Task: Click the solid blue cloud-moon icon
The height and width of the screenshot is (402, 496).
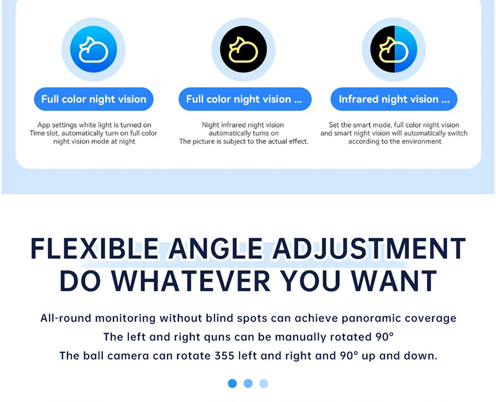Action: [94, 50]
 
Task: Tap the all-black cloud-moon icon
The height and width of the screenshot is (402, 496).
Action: [244, 50]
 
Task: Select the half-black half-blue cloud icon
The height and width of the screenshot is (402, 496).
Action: [394, 50]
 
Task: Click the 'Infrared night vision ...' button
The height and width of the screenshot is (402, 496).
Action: [394, 99]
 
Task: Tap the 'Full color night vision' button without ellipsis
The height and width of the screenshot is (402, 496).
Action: [94, 99]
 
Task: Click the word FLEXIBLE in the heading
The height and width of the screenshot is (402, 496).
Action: [95, 249]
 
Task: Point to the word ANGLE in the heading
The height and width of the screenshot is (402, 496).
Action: [215, 249]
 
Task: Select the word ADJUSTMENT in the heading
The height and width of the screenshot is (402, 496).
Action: [369, 249]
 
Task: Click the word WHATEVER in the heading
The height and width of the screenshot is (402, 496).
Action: [191, 280]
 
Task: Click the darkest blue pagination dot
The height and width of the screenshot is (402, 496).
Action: [232, 383]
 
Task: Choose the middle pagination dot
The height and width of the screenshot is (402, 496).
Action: [248, 383]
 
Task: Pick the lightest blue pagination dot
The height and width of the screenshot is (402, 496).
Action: [263, 383]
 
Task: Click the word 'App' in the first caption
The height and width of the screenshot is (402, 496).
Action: [43, 125]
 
